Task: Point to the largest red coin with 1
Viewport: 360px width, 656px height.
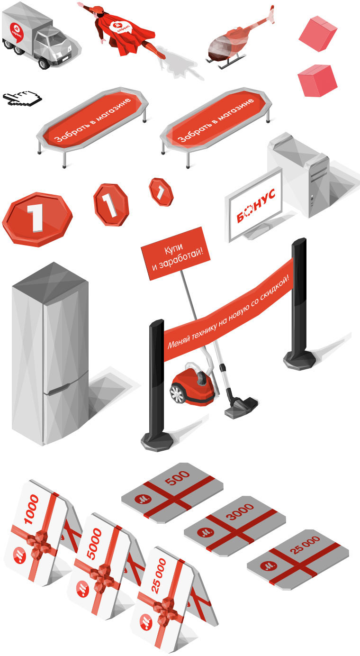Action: click(37, 218)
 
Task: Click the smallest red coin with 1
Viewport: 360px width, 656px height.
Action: click(161, 191)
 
